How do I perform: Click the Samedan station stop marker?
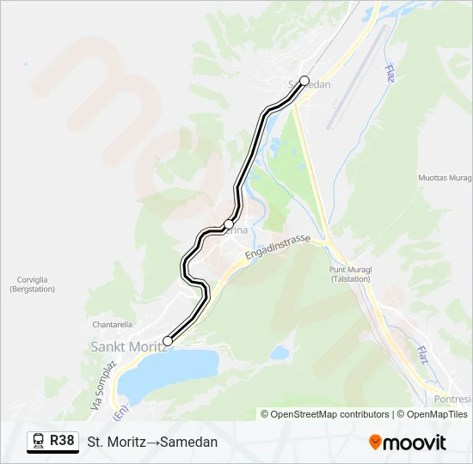point(304,80)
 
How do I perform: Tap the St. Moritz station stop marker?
point(168,341)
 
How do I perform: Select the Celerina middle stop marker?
point(229,224)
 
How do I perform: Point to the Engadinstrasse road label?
point(277,250)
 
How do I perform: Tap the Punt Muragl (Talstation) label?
point(350,274)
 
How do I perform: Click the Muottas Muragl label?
point(445,179)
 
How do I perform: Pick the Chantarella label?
point(112,325)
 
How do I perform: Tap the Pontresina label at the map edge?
point(452,400)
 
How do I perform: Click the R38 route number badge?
point(61,441)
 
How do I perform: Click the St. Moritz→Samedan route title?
point(152,442)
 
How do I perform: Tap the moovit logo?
point(408,443)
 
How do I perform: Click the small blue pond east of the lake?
point(279,352)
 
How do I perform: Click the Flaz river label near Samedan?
point(390,74)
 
